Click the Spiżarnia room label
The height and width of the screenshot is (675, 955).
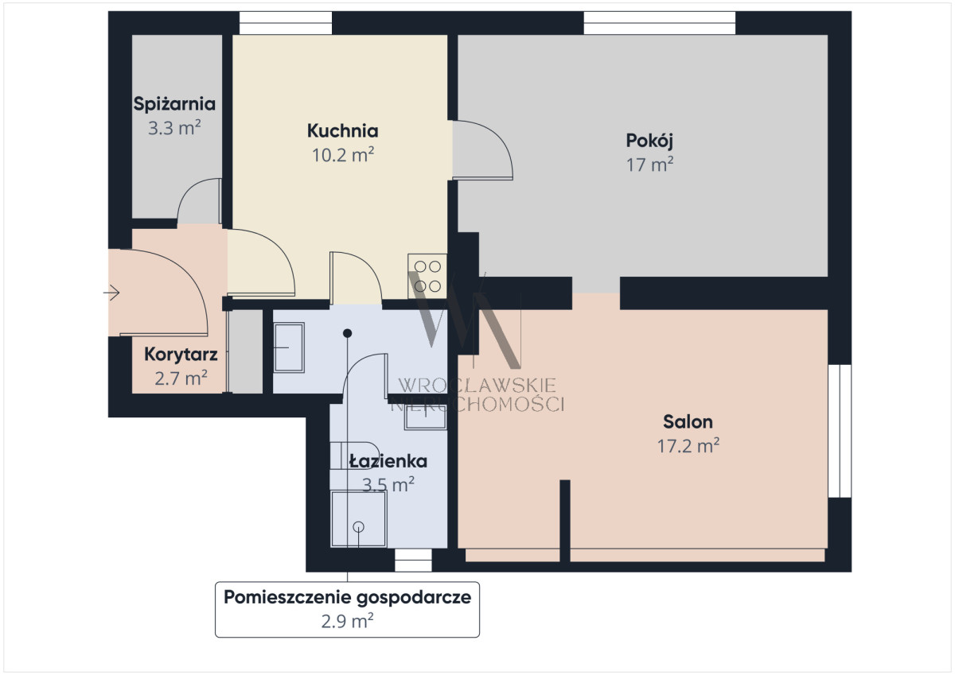(x=174, y=104)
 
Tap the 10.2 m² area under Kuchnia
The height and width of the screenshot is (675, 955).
(x=343, y=155)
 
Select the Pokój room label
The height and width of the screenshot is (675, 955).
(x=649, y=141)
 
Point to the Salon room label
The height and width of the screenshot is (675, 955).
(x=688, y=421)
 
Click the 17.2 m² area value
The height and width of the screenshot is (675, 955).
(x=688, y=446)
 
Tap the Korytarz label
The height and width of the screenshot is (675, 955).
(x=181, y=355)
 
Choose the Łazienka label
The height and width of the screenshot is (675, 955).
(x=388, y=461)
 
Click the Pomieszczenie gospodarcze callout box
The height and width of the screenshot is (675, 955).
(x=347, y=610)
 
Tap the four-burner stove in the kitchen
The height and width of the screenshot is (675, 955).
(x=427, y=277)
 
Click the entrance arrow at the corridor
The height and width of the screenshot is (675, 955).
(x=111, y=293)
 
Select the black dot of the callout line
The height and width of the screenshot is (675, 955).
(x=348, y=333)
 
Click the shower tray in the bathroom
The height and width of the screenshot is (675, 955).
(x=359, y=518)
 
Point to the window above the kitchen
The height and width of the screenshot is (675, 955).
(x=286, y=23)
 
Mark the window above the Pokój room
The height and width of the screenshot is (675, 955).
(x=660, y=23)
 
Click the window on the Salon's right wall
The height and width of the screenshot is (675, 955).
(x=840, y=431)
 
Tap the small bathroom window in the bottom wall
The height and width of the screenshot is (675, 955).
(x=413, y=560)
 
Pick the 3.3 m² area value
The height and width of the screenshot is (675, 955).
(x=174, y=128)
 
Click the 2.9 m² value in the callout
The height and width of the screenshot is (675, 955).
(x=347, y=622)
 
